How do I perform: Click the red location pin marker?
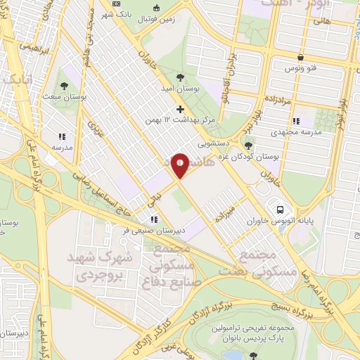tap(180, 165)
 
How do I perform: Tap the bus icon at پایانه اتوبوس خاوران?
tap(281, 210)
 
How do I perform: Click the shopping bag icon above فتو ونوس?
tap(301, 58)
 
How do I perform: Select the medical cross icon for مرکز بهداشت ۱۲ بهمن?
tap(181, 109)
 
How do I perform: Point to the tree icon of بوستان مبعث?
tap(64, 85)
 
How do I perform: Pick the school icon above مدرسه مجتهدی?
tap(295, 120)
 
